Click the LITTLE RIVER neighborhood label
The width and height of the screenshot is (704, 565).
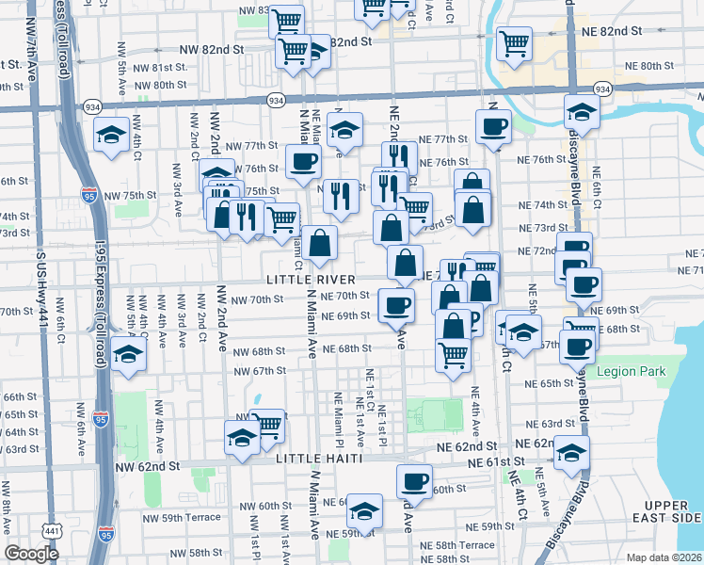tap(310, 280)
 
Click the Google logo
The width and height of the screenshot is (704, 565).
tap(32, 554)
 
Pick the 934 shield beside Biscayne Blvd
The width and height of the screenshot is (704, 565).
tap(603, 89)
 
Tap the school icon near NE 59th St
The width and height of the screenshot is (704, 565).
tap(364, 510)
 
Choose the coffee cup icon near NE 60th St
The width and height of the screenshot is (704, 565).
tap(413, 481)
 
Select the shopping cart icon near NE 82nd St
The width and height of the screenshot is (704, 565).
tap(513, 42)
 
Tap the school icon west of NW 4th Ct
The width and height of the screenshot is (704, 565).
tap(112, 135)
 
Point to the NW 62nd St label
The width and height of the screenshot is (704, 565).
tap(147, 466)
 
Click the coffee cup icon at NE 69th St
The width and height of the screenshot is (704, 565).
tap(396, 304)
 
